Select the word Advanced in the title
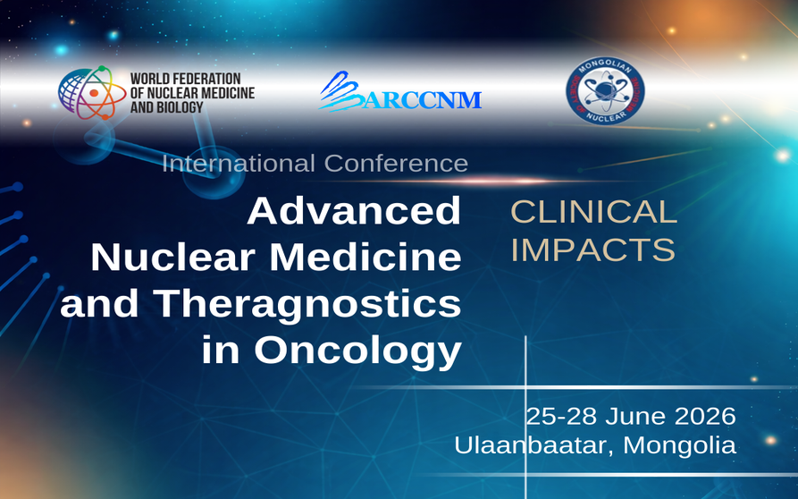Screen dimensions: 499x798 coord(354,212)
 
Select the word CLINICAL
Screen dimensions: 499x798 coord(593,212)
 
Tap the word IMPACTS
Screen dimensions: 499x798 coord(592,250)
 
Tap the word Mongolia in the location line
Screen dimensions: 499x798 coord(681,444)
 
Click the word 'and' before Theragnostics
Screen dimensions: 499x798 coord(97,304)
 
